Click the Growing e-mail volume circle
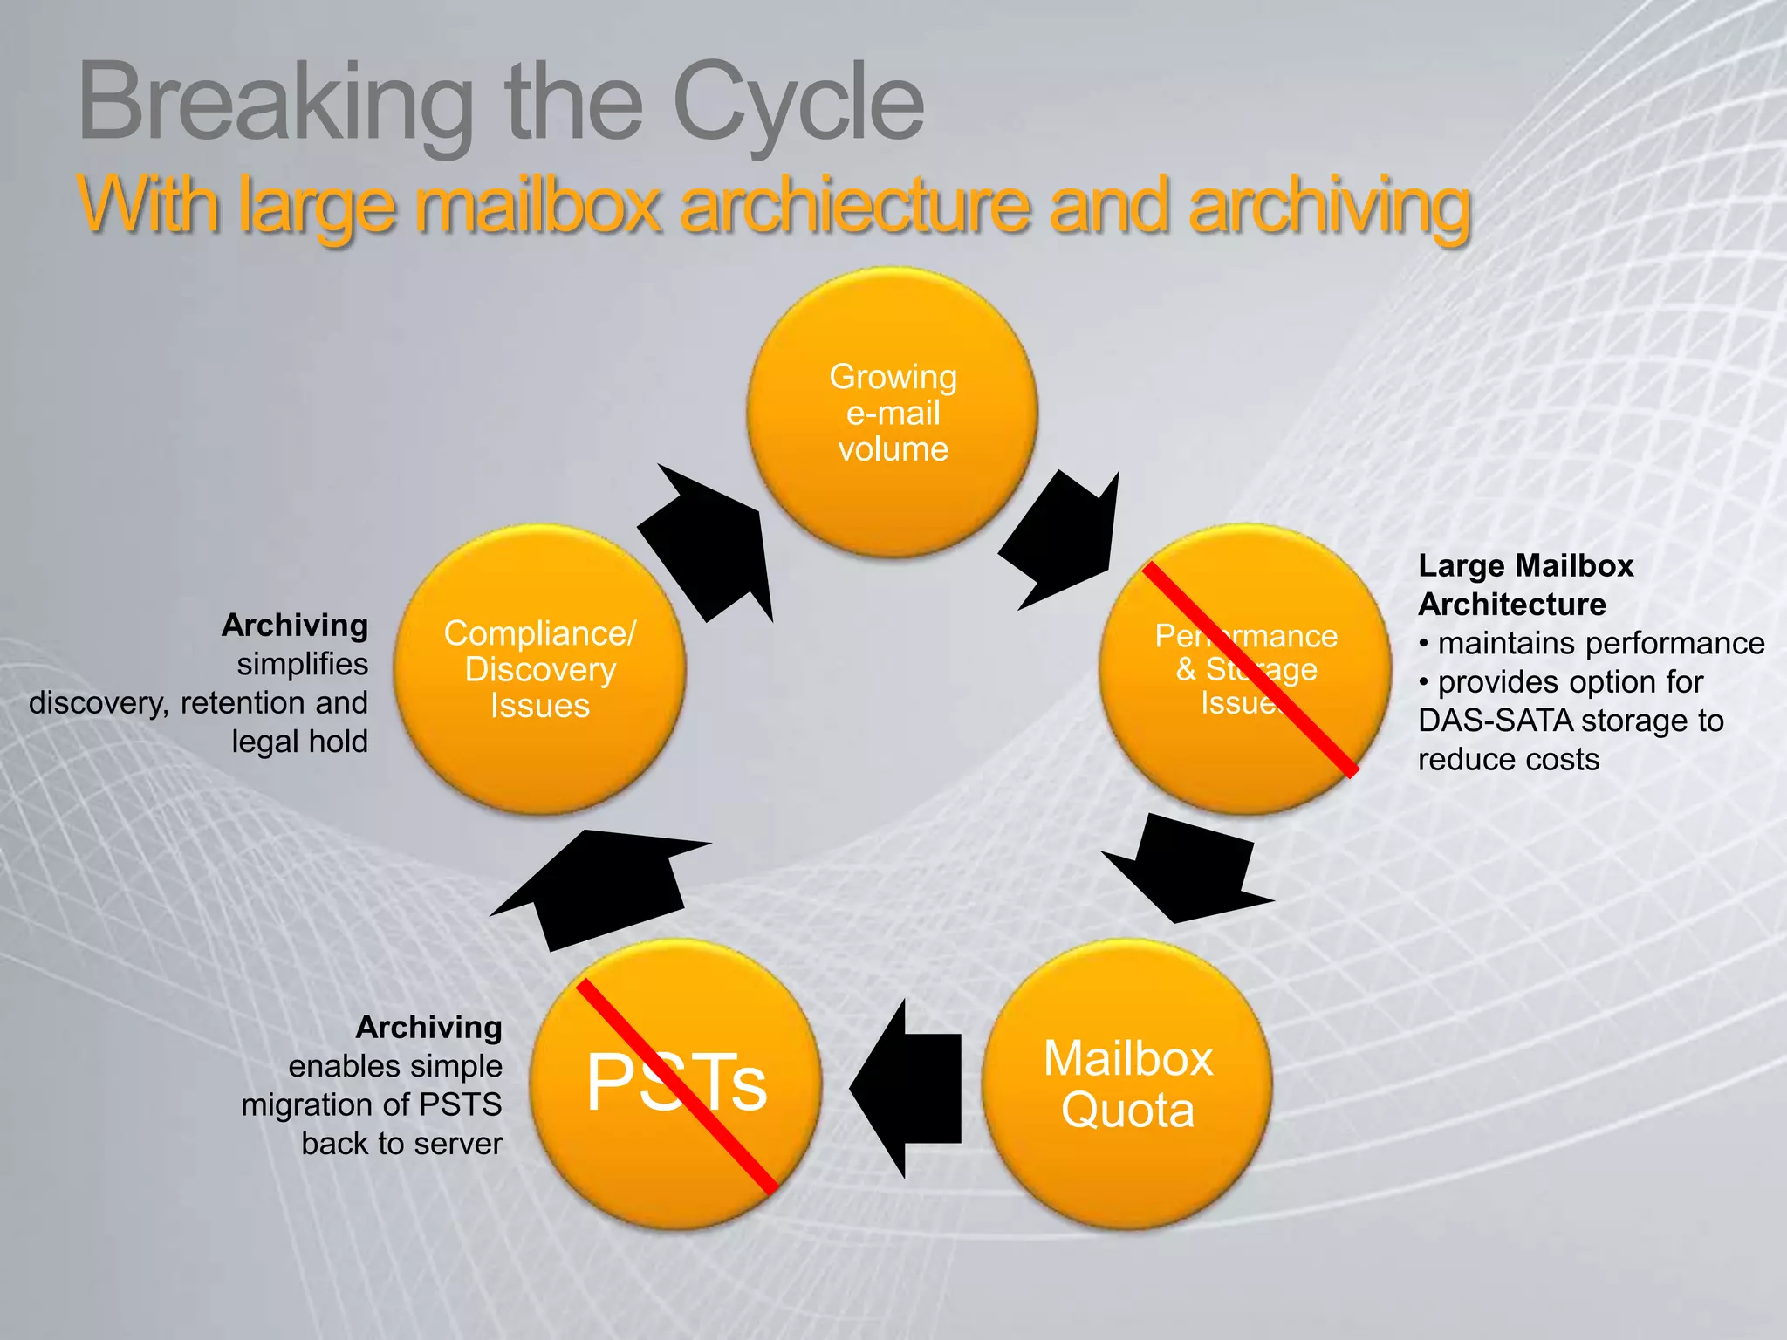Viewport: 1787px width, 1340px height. click(893, 412)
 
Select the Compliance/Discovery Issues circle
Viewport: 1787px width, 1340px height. click(540, 669)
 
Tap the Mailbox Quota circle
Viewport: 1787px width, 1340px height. click(1127, 1084)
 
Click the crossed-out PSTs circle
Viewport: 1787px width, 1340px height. click(676, 1084)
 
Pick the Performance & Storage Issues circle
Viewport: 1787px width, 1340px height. click(1245, 669)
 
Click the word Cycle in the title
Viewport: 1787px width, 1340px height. click(798, 103)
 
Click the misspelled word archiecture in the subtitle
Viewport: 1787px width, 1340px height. click(856, 206)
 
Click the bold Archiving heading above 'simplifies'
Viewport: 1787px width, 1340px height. click(295, 625)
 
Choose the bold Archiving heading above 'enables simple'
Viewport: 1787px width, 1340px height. click(428, 1027)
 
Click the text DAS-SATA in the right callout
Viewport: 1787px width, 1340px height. click(1495, 721)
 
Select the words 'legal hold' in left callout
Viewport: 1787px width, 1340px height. click(299, 742)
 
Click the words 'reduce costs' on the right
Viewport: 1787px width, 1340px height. click(1509, 759)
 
